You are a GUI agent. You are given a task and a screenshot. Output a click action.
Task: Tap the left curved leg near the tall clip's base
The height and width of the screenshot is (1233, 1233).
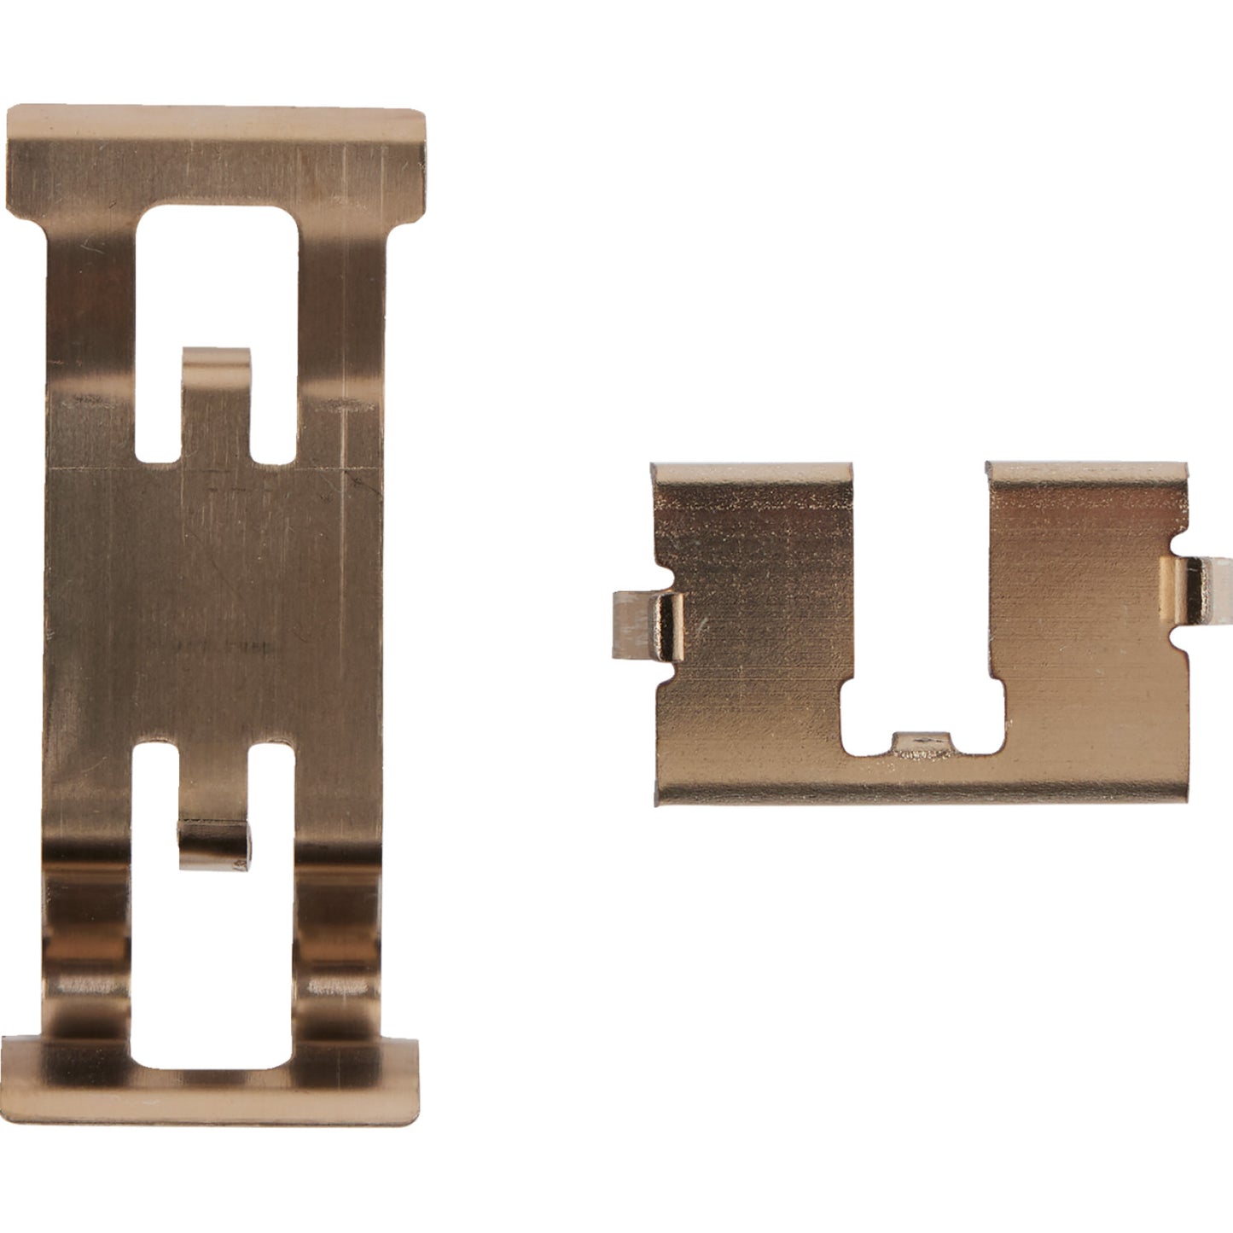coord(85,956)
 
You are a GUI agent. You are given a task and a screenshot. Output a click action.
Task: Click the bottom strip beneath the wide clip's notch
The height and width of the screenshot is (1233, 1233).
coord(922,781)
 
